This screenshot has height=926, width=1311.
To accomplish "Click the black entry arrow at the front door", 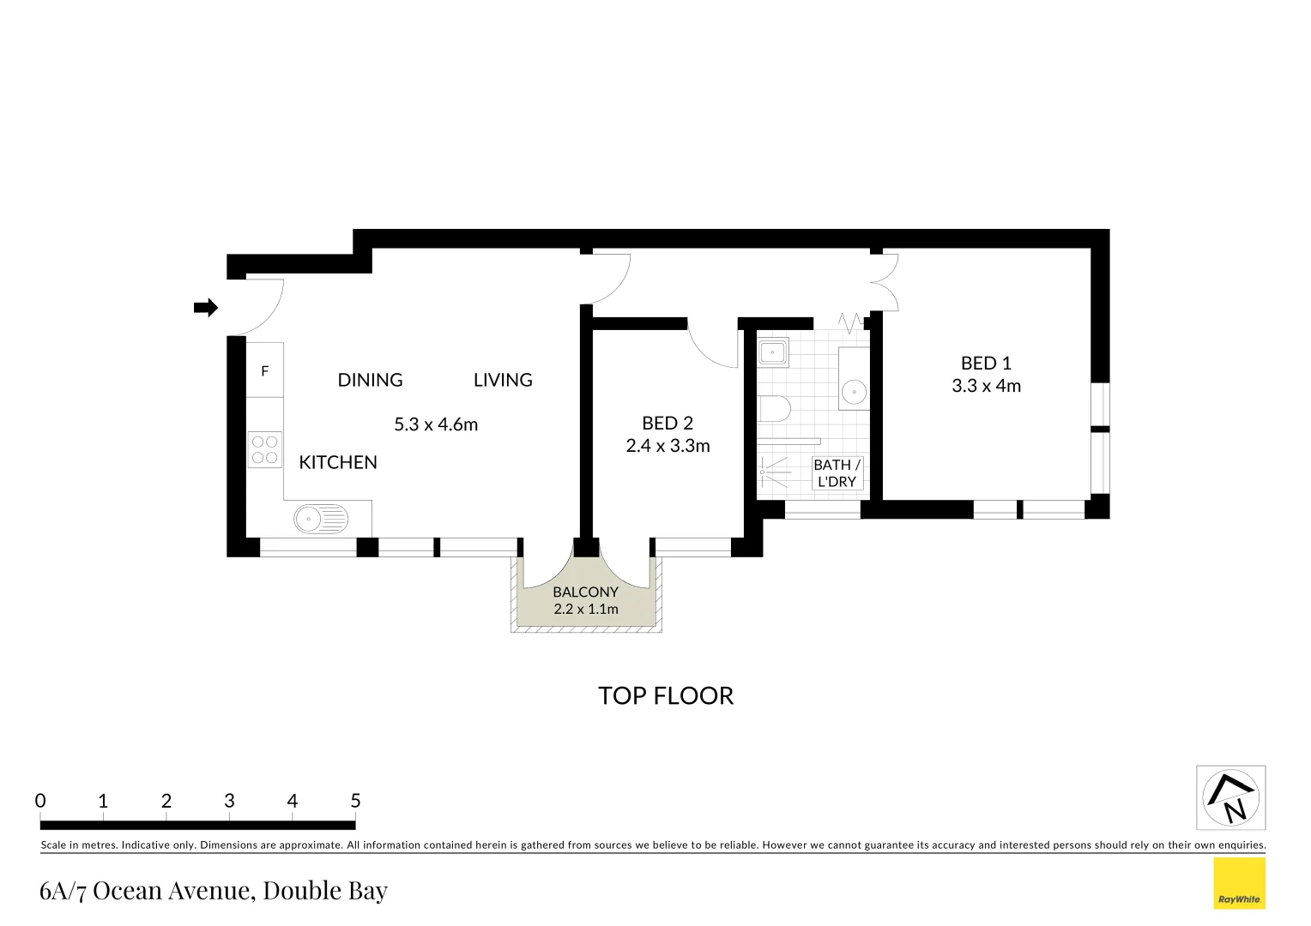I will point(206,308).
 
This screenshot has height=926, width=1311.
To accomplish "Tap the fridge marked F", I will point(264,370).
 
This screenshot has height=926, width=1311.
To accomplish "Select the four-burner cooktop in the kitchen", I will point(264,449).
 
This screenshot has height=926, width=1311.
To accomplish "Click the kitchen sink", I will point(321,518).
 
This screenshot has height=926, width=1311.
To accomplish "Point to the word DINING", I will point(370,380).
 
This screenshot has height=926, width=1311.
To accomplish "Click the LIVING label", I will point(503,380).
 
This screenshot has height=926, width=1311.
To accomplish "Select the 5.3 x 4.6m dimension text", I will point(436,424).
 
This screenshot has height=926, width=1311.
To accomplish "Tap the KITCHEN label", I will point(338,462).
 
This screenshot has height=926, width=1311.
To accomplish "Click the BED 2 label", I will point(667,423).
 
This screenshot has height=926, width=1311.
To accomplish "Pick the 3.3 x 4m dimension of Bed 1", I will point(986,386).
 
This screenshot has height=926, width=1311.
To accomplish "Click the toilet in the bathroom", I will point(773,408).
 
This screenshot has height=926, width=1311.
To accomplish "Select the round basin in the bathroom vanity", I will point(854,392).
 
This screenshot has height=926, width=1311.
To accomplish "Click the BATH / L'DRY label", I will point(837,473).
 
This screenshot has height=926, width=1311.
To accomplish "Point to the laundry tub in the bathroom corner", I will point(773,352).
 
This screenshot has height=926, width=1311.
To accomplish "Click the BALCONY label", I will point(585,592).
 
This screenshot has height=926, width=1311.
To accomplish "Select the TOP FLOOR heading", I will point(666,695).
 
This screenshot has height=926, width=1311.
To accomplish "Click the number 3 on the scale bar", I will point(229,801).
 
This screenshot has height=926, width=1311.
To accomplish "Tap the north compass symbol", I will point(1231,798).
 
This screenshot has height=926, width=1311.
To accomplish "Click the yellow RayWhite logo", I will point(1239,884).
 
